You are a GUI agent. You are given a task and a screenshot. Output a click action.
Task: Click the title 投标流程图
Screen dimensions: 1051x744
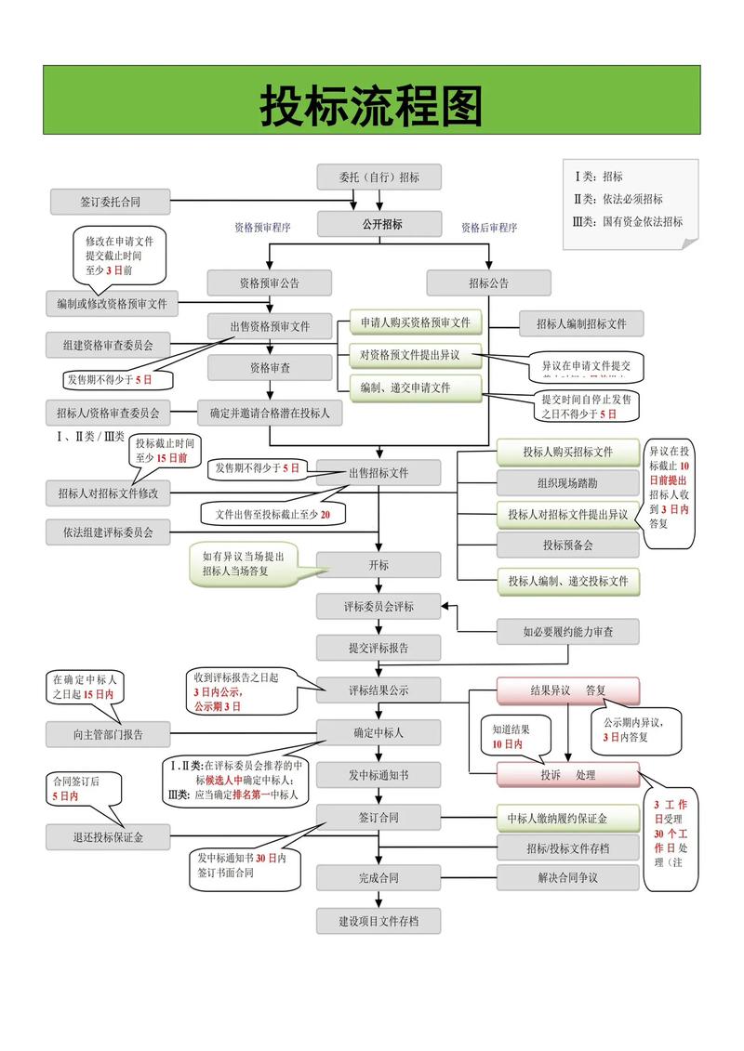coord(371,107)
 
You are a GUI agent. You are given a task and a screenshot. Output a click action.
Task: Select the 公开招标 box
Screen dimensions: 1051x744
coord(379,224)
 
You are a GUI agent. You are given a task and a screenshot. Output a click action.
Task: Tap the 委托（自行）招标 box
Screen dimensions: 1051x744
coord(379,177)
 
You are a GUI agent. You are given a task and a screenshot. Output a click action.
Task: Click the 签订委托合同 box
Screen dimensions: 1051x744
coord(110,201)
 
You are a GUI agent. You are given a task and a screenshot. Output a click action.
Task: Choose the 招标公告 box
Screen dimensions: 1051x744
coord(488,282)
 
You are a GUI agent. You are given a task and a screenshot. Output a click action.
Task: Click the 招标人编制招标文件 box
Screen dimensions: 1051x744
coord(580,323)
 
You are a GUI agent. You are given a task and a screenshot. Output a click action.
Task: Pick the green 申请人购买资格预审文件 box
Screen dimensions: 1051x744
coord(416,323)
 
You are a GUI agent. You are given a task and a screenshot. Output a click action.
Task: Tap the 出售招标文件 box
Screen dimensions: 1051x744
coord(379,472)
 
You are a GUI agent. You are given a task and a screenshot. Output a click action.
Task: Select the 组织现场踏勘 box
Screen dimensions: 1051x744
coord(567,483)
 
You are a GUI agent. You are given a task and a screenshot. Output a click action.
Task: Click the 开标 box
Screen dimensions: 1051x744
coord(379,565)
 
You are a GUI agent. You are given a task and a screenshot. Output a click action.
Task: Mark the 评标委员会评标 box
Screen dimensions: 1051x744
coord(379,607)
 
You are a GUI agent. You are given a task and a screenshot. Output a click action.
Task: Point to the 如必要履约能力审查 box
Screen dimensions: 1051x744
coord(567,632)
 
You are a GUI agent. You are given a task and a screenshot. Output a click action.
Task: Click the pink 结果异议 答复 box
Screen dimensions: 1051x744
coord(567,690)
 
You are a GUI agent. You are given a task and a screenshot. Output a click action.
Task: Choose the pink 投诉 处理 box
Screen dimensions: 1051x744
coord(567,774)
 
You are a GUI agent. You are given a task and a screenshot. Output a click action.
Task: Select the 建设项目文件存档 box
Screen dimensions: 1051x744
coord(379,921)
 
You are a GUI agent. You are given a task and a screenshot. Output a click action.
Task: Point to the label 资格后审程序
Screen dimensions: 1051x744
coord(489,228)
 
